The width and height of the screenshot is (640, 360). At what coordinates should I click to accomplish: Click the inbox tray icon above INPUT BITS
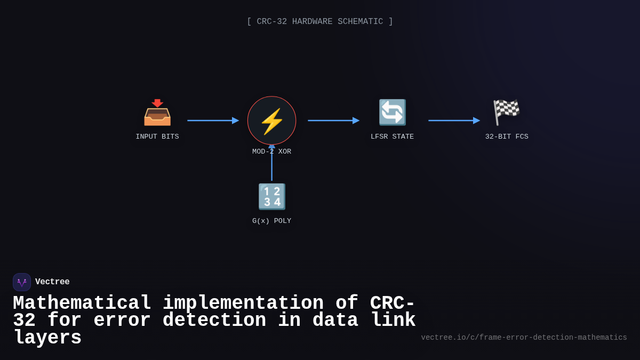[157, 113]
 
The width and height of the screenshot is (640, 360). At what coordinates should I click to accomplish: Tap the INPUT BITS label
[157, 137]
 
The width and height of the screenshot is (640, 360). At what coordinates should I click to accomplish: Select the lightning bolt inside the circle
[272, 121]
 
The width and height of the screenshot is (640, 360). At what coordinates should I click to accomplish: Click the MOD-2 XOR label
[272, 152]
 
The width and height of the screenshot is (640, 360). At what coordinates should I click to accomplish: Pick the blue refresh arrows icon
[392, 113]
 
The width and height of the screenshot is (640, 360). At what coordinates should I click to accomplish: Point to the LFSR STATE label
[392, 137]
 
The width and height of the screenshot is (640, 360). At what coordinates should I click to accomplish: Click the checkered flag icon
[506, 113]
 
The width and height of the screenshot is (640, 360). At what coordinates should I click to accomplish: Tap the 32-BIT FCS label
[507, 137]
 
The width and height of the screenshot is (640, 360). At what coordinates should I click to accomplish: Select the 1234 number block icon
[272, 197]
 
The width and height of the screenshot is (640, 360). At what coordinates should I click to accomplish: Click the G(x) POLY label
[272, 221]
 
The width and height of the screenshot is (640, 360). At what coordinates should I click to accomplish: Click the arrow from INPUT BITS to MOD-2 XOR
[213, 121]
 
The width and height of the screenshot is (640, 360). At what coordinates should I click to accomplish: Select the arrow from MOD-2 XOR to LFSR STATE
[333, 121]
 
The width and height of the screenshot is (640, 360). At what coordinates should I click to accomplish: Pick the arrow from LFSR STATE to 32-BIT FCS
[454, 121]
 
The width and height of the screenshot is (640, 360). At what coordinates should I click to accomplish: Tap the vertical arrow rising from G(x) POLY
[272, 165]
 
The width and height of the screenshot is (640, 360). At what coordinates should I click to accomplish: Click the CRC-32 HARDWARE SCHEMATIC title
[320, 22]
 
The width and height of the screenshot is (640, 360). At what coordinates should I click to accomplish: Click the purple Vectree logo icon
[22, 282]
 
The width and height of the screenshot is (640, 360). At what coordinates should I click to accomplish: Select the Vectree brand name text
[52, 282]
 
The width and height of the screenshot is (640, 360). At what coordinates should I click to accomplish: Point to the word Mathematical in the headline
[82, 303]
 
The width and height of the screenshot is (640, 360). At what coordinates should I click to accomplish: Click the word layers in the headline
[47, 338]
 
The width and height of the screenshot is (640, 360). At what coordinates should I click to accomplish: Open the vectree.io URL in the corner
[524, 338]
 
